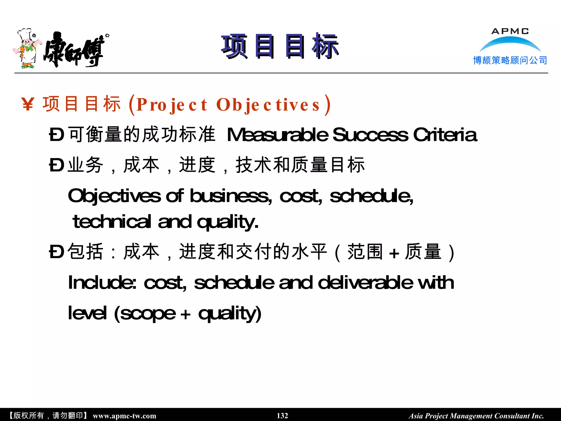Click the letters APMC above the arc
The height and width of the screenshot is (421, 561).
(x=510, y=31)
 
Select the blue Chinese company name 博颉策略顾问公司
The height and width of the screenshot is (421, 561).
(x=510, y=60)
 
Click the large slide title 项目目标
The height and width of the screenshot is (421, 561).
(x=280, y=47)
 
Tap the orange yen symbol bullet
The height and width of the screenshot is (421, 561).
(x=28, y=104)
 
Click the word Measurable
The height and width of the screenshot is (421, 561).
(x=277, y=135)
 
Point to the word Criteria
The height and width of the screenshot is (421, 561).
(x=445, y=135)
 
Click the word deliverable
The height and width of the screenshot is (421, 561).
(x=366, y=283)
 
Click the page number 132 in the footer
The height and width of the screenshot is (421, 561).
(x=282, y=416)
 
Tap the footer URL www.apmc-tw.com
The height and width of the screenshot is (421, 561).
(x=124, y=416)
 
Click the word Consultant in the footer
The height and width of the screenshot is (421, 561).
(x=512, y=416)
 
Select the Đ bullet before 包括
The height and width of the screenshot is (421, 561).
(x=57, y=252)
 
